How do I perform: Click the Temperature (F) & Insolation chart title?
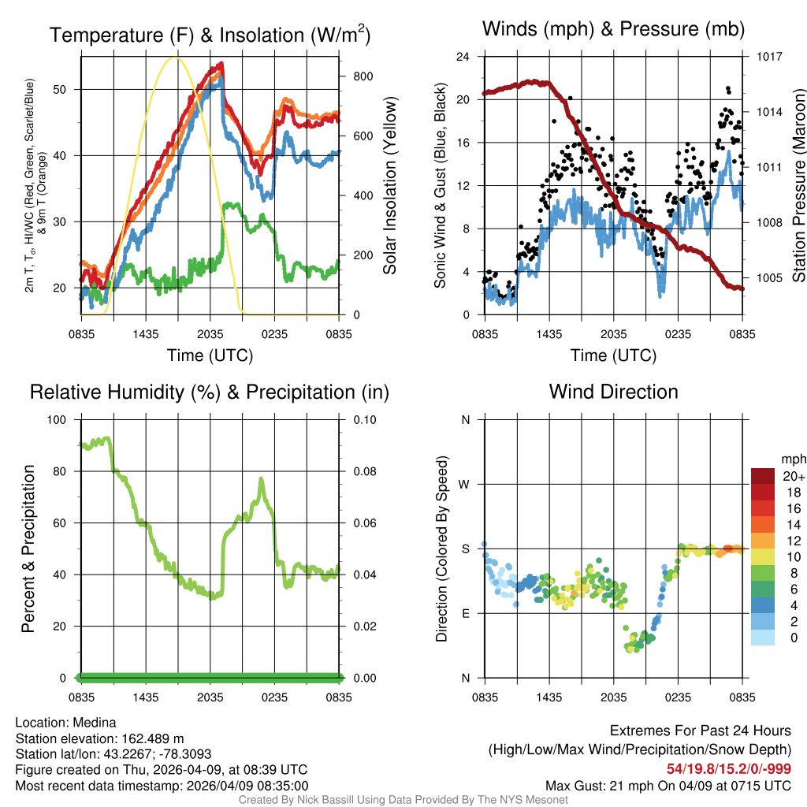210,35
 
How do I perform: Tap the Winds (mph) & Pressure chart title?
613,30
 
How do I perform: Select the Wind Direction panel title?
613,392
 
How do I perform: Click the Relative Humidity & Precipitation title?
210,392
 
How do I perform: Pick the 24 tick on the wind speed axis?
463,57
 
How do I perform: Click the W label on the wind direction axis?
465,484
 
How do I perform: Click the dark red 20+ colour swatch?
763,475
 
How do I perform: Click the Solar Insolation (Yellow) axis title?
389,186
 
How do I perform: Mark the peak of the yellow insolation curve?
177,58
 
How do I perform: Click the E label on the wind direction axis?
465,613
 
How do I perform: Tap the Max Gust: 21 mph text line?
668,786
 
